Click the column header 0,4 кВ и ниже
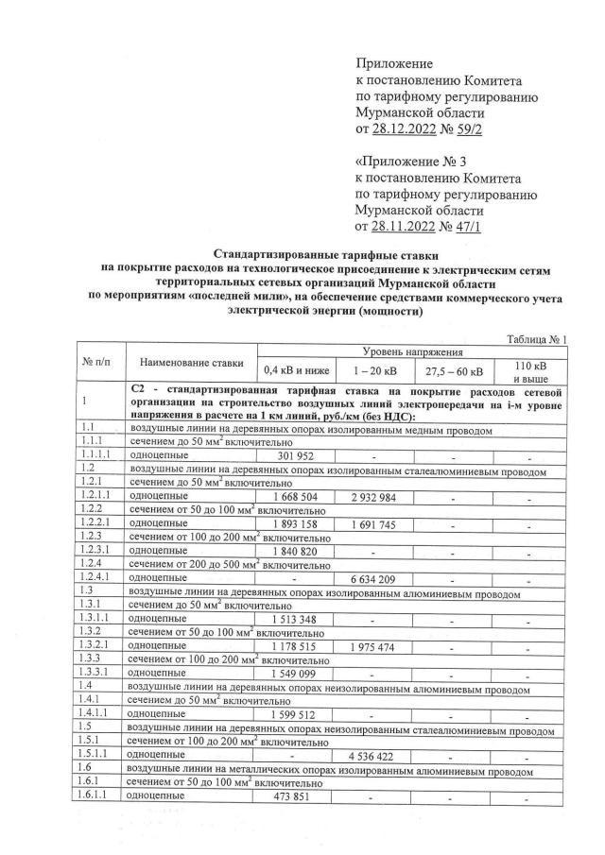pos(292,369)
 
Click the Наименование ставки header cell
pos(190,362)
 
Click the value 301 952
pos(292,456)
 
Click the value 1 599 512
pos(292,715)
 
